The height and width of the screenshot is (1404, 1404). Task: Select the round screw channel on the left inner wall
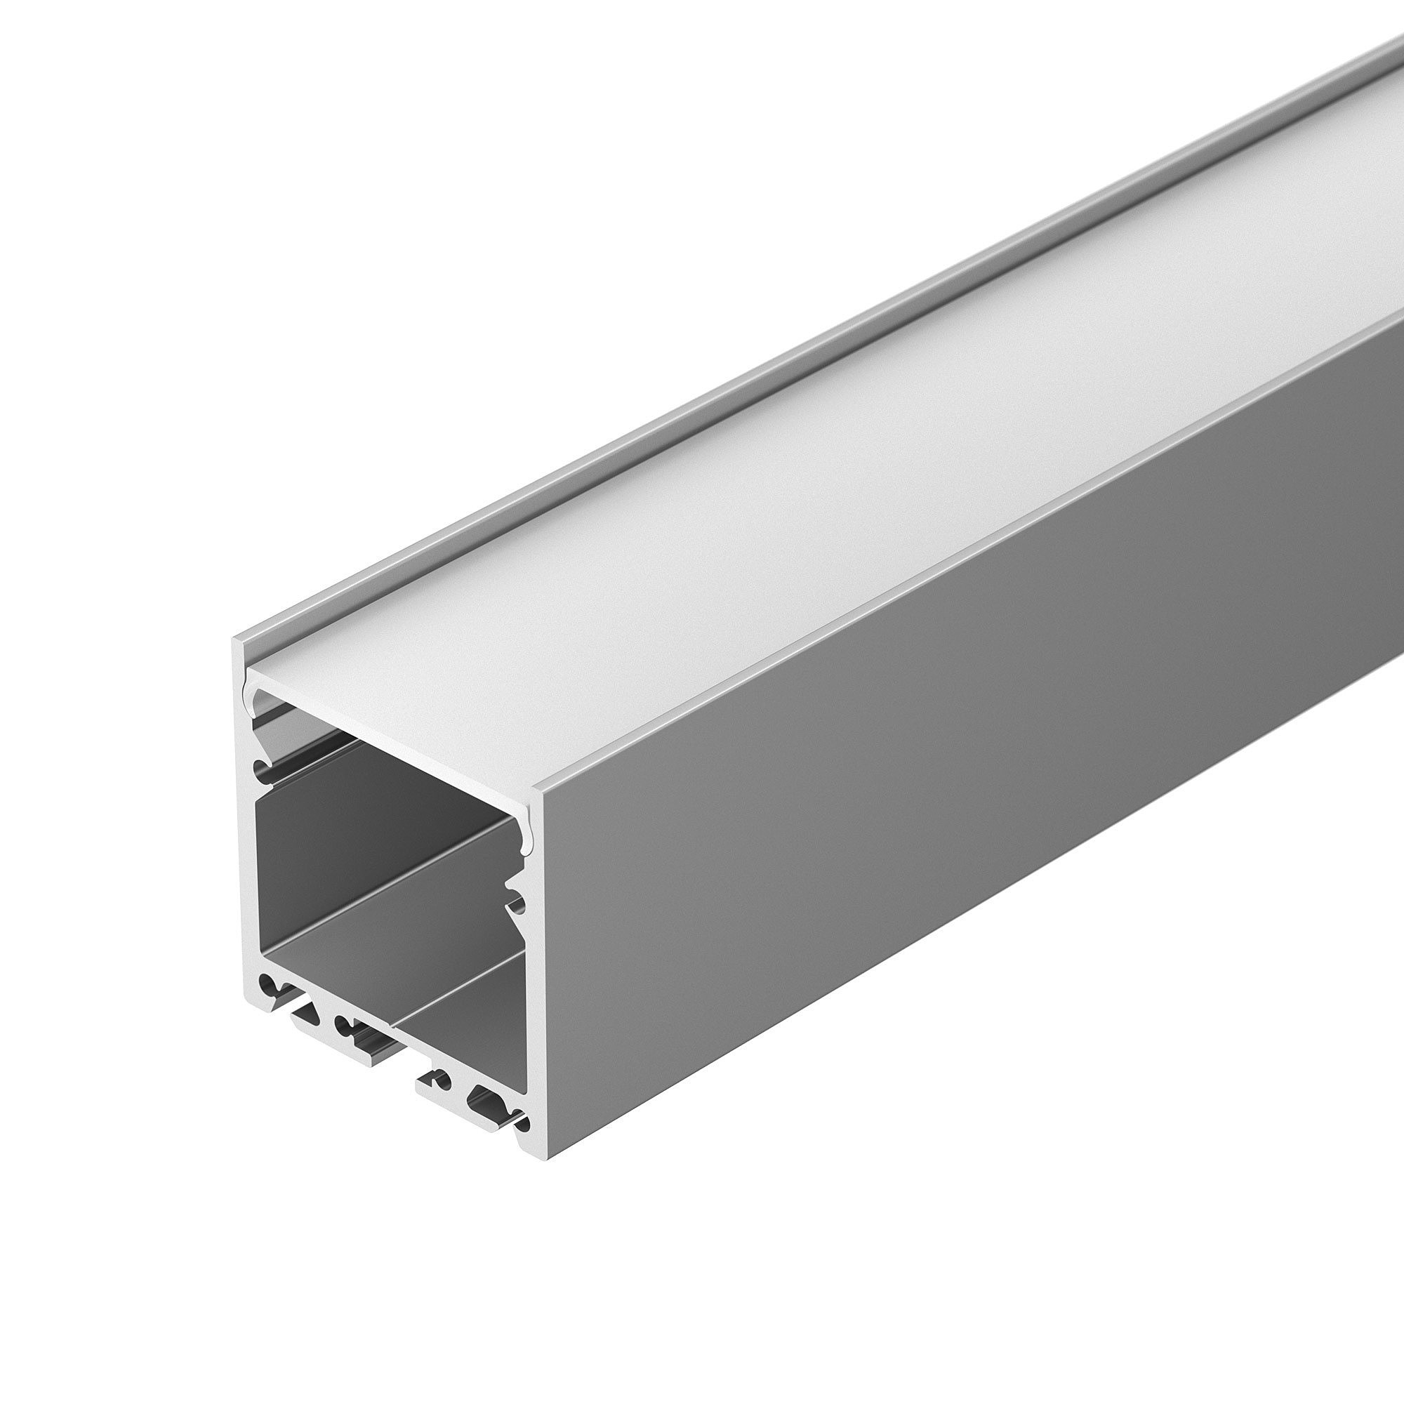[260, 769]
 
